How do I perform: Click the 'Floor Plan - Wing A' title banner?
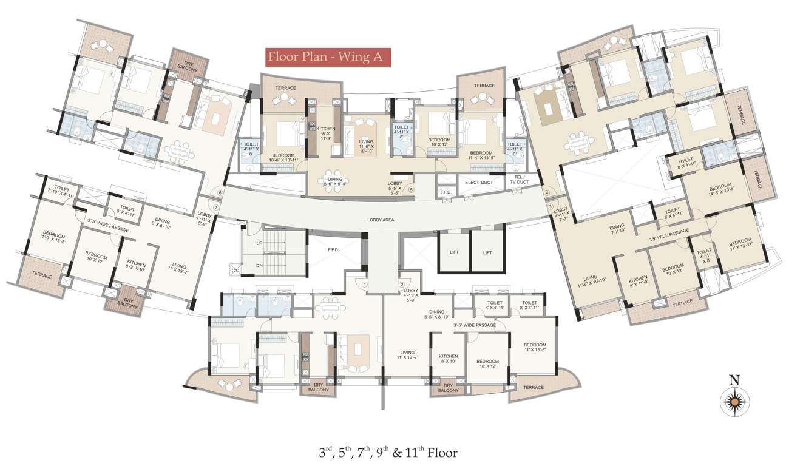pos(327,57)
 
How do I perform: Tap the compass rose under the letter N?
pos(735,400)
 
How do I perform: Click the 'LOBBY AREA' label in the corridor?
pos(381,220)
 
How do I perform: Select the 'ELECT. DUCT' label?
pos(477,181)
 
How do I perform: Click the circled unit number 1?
pos(364,283)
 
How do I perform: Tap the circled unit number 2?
pos(401,284)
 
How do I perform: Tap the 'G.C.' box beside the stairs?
pos(235,271)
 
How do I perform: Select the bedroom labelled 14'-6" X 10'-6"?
pos(720,189)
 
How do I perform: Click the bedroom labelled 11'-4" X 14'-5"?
pos(481,156)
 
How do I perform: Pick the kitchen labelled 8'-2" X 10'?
pos(136,267)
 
